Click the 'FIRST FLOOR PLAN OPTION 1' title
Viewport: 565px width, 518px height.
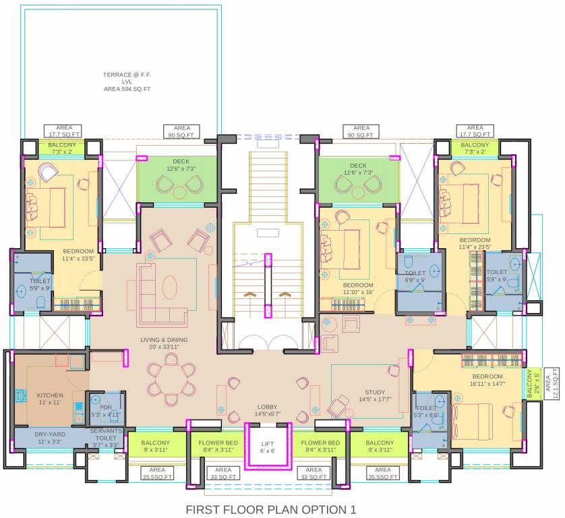[x=270, y=509]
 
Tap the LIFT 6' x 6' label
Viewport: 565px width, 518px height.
[x=268, y=447]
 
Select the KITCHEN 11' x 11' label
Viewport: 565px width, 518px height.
[x=49, y=399]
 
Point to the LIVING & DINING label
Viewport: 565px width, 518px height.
[x=164, y=343]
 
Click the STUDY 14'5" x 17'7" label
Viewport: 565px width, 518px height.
[x=374, y=395]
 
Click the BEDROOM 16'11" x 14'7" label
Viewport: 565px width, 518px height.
[x=487, y=380]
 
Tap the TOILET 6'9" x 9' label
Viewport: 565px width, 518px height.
[x=415, y=277]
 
